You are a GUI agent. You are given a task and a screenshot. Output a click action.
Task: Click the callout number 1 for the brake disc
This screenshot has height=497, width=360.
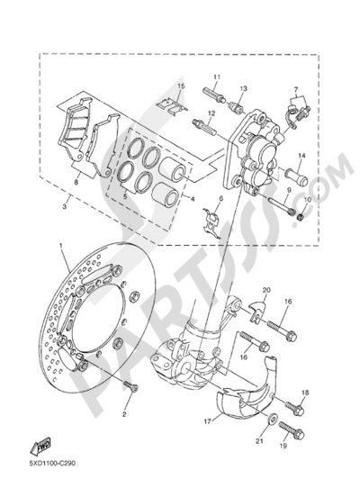tap(62, 246)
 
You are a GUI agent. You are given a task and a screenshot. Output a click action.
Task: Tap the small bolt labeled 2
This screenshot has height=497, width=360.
tap(131, 386)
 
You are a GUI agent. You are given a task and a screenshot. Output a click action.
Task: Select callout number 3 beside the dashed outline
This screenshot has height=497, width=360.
tap(64, 207)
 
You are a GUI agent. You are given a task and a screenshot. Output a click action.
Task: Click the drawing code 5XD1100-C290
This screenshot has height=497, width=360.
tap(53, 463)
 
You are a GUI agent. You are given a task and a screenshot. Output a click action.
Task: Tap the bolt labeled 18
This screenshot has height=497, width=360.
tap(294, 407)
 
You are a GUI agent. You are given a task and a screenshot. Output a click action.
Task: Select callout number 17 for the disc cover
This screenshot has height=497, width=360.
tap(207, 421)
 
